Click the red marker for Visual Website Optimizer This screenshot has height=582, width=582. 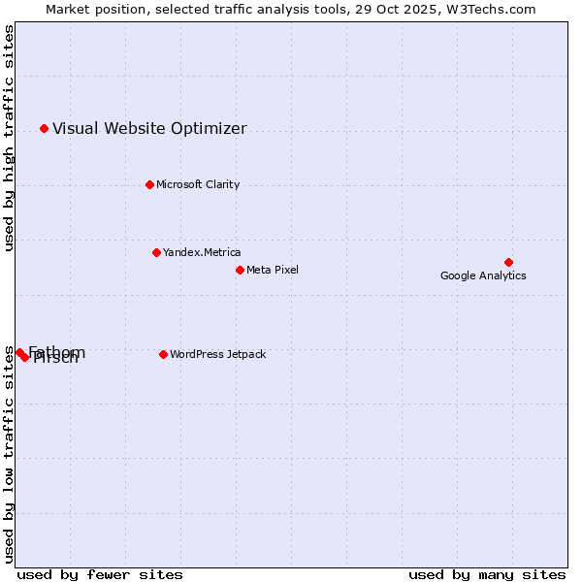point(44,128)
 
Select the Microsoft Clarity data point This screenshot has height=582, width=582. point(149,184)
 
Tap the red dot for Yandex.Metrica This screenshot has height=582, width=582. point(156,252)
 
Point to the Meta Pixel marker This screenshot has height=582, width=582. point(240,270)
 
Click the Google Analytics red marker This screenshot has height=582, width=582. point(508,262)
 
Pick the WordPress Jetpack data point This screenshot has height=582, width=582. point(163,354)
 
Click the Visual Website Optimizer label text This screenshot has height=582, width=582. point(149,128)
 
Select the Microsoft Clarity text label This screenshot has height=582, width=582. point(198,184)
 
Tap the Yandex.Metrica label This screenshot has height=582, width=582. point(202,252)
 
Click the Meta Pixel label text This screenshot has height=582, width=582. point(273,270)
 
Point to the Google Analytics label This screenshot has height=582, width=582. point(483,275)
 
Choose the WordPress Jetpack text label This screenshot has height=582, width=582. point(217,354)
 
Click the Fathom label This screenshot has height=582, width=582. point(57,351)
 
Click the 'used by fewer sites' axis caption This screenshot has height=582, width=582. point(100,574)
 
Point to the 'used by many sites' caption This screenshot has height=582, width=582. point(487,574)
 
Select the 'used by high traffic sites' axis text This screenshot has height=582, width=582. point(9,138)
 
